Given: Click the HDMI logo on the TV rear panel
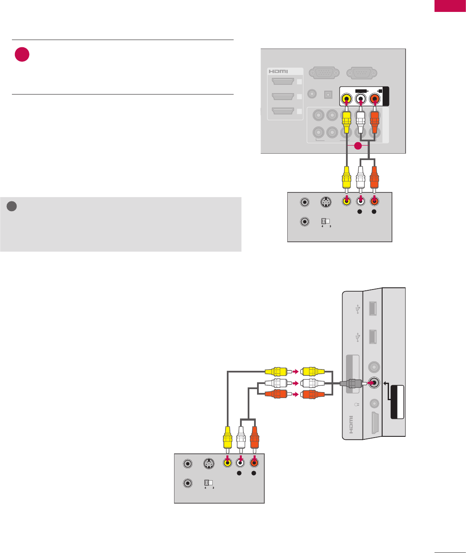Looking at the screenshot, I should pyautogui.click(x=279, y=71).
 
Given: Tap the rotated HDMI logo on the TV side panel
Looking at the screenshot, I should pyautogui.click(x=351, y=425).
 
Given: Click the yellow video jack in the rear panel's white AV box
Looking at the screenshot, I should pyautogui.click(x=347, y=100).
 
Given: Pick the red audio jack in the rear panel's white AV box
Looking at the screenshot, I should pyautogui.click(x=375, y=100).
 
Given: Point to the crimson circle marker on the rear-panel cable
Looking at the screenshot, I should pyautogui.click(x=358, y=146).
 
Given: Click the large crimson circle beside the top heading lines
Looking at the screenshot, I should pyautogui.click(x=22, y=54).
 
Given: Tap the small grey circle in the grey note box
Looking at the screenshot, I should pyautogui.click(x=12, y=206).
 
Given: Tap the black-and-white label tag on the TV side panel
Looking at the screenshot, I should pyautogui.click(x=397, y=402).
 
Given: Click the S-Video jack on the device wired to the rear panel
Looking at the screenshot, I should pyautogui.click(x=325, y=202).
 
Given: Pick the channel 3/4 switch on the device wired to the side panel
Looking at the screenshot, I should pyautogui.click(x=209, y=483).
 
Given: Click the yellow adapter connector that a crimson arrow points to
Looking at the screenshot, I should pyautogui.click(x=312, y=371).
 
